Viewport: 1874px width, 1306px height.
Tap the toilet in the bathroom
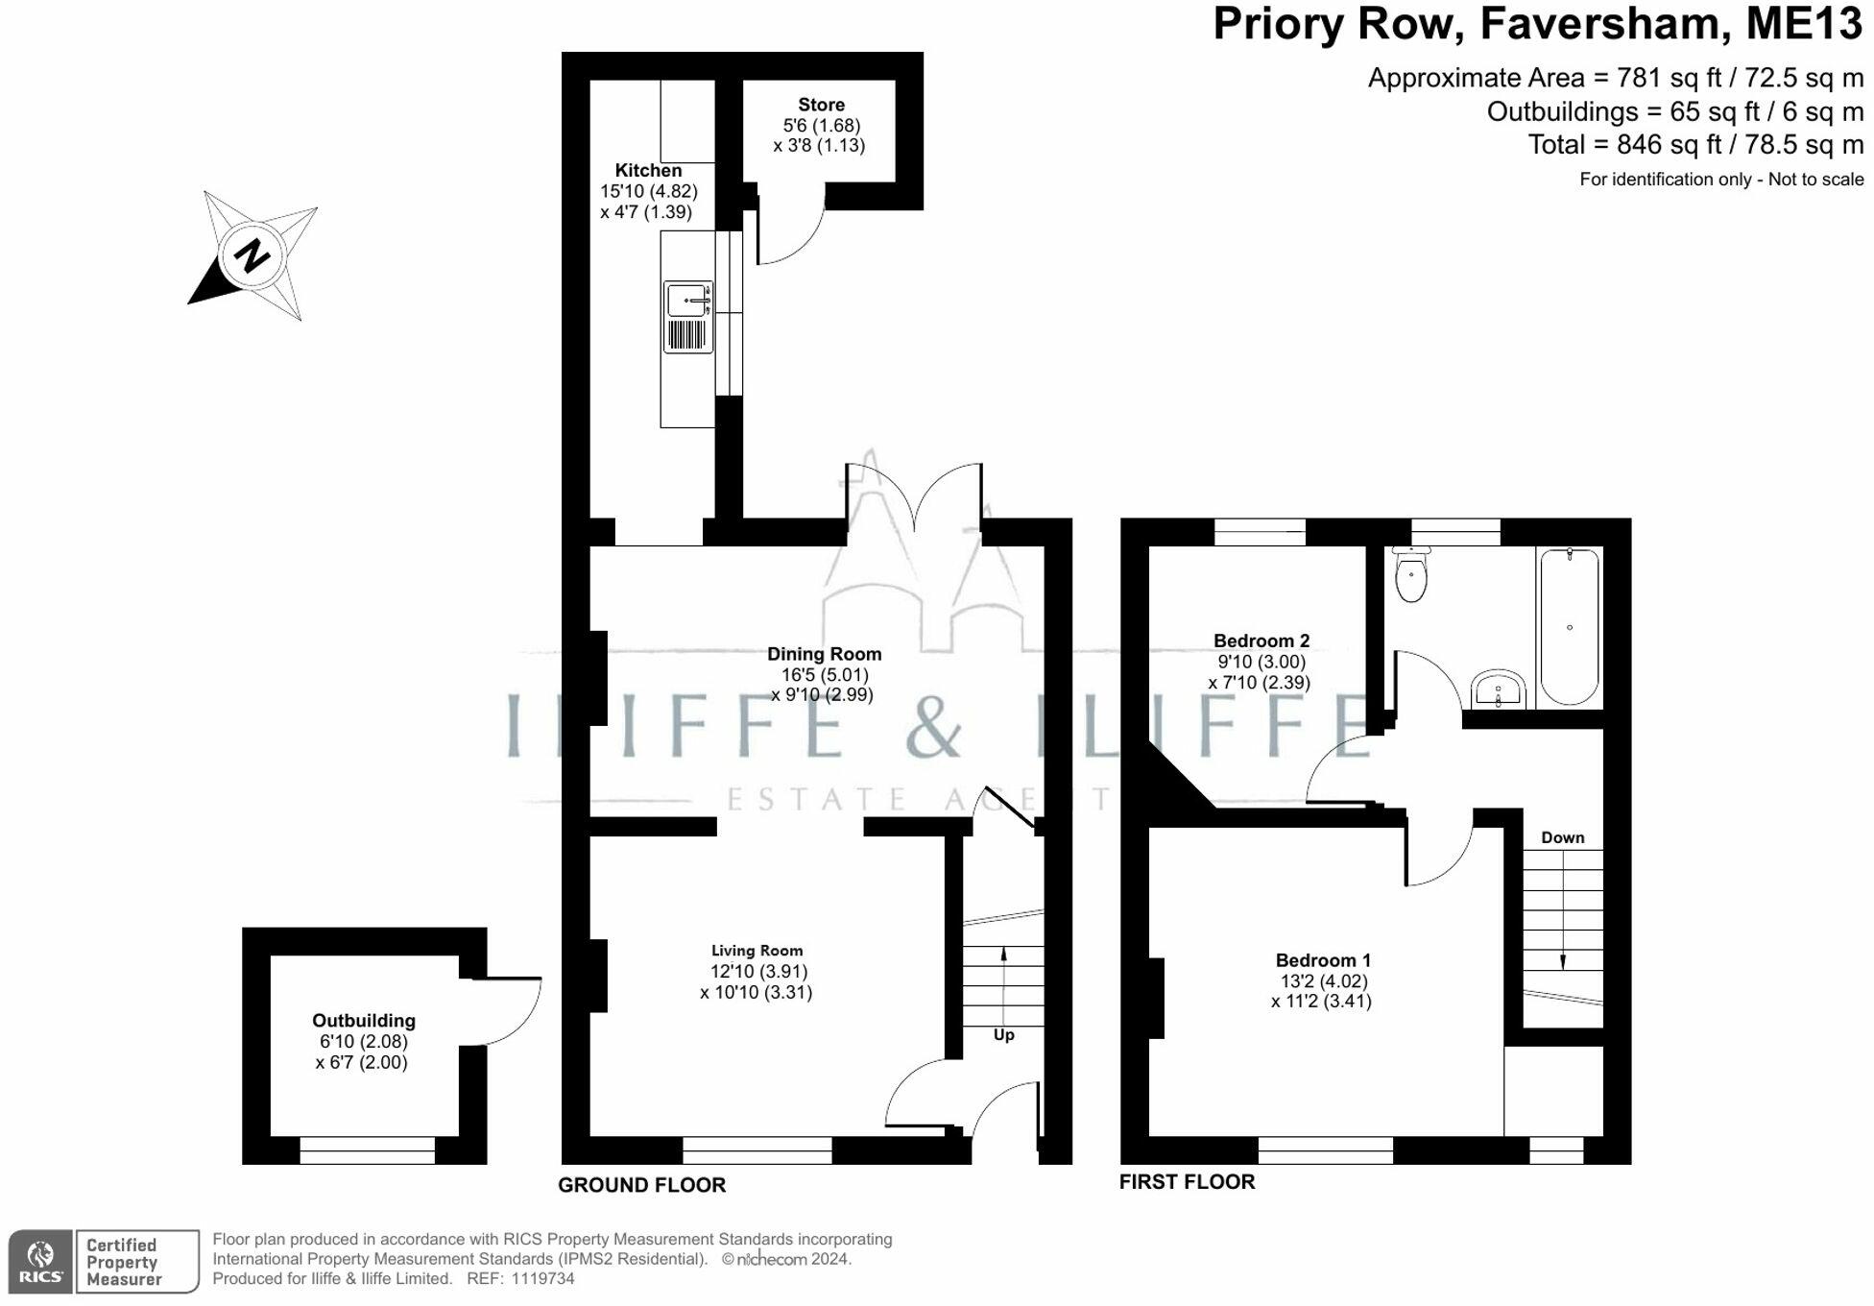1410,574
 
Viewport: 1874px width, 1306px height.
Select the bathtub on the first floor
1570,626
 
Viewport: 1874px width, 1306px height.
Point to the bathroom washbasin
1498,689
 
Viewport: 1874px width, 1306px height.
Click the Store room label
821,105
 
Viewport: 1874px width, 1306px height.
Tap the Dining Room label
824,654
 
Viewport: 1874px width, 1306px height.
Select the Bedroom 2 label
1261,641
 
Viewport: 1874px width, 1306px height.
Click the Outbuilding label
364,1021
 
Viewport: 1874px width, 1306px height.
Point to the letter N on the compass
252,255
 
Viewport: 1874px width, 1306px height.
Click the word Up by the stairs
1003,1035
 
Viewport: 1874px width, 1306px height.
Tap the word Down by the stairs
1562,837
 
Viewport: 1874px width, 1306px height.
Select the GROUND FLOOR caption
641,1185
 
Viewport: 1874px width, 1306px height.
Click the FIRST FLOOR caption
1187,1182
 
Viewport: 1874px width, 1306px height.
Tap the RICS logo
40,1262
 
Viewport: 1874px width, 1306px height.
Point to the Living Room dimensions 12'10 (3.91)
758,972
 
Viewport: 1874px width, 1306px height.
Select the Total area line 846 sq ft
1695,145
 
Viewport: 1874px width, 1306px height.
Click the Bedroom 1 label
1323,960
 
